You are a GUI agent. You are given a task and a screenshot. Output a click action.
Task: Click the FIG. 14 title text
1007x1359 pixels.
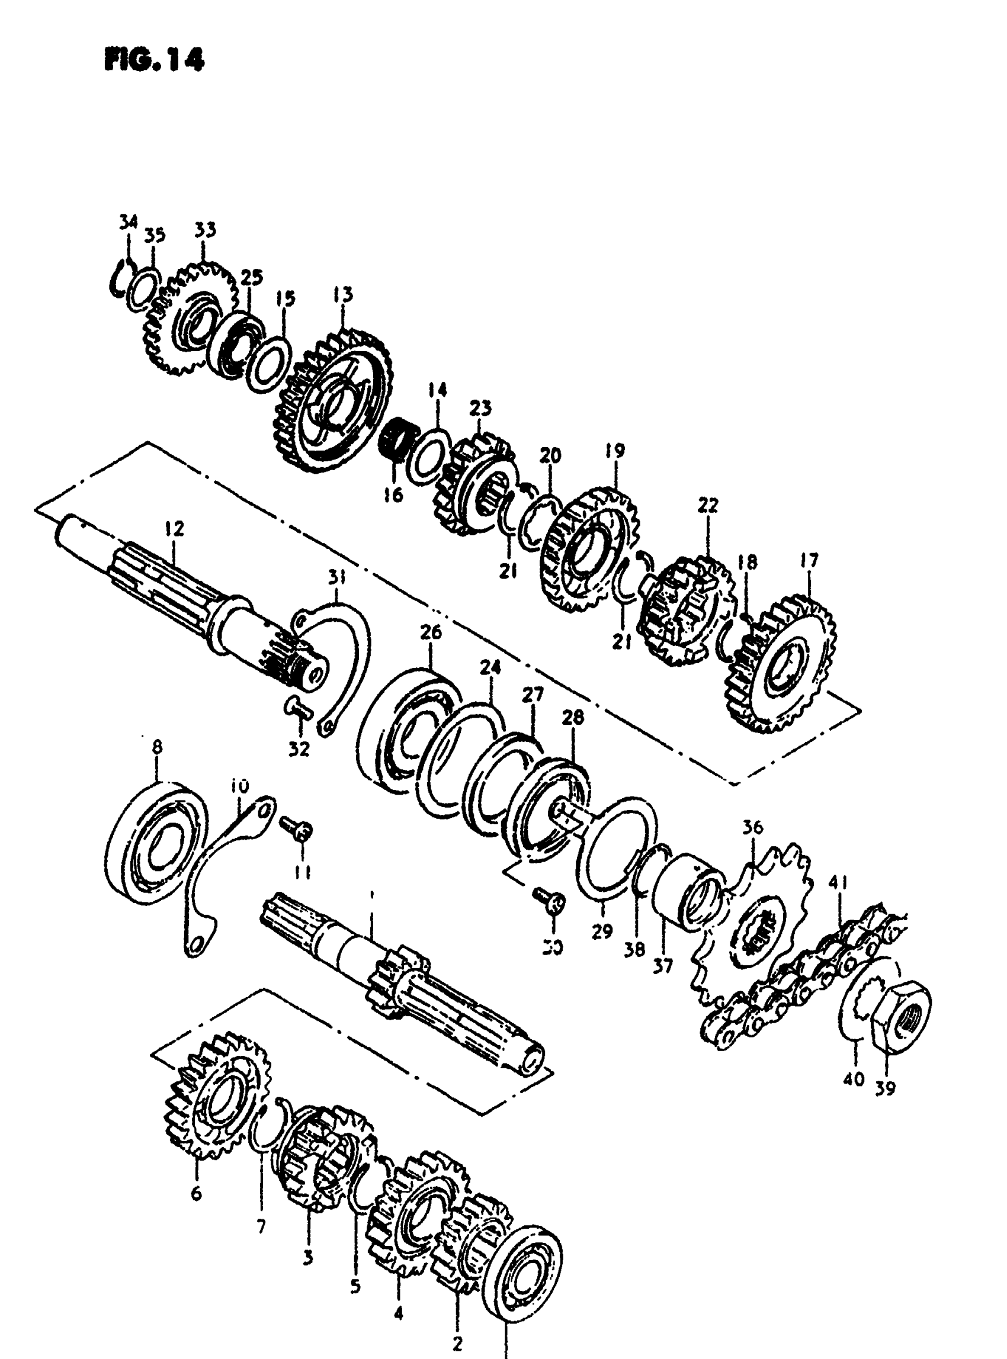pyautogui.click(x=154, y=60)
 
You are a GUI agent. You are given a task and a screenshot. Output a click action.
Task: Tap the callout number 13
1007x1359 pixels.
pyautogui.click(x=342, y=295)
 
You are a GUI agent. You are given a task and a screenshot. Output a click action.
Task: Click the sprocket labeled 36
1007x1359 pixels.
pyautogui.click(x=756, y=926)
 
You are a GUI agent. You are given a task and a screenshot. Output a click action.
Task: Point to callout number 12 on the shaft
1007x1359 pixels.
pyautogui.click(x=174, y=528)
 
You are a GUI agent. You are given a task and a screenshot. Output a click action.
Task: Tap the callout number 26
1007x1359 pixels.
pyautogui.click(x=431, y=632)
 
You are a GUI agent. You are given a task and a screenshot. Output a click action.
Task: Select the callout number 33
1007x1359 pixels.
pyautogui.click(x=206, y=230)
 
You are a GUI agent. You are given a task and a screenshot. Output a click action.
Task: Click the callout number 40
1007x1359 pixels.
pyautogui.click(x=854, y=1079)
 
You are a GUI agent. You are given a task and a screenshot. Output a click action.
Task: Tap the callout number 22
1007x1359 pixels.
pyautogui.click(x=708, y=505)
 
